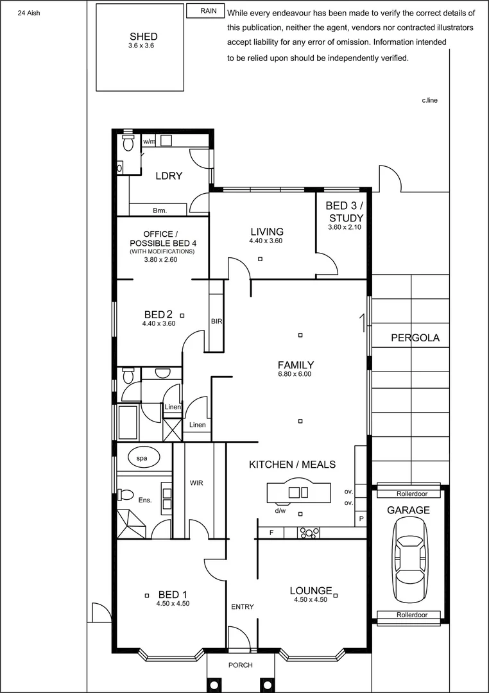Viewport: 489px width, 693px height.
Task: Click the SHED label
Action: pyautogui.click(x=143, y=37)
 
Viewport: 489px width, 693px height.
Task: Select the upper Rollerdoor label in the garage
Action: pyautogui.click(x=409, y=493)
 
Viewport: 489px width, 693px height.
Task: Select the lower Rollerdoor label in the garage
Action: pyautogui.click(x=409, y=615)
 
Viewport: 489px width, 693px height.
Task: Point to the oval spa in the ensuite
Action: pyautogui.click(x=142, y=458)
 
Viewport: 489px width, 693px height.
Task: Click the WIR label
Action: pyautogui.click(x=196, y=483)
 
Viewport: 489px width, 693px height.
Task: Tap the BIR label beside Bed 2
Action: pyautogui.click(x=216, y=321)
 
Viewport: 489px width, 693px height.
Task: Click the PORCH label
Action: pyautogui.click(x=241, y=665)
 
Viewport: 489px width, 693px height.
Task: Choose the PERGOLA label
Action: pyautogui.click(x=415, y=338)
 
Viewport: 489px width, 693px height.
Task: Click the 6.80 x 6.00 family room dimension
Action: pyautogui.click(x=295, y=374)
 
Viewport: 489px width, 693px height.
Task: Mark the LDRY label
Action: pyautogui.click(x=169, y=176)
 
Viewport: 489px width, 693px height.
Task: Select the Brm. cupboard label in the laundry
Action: pyautogui.click(x=160, y=210)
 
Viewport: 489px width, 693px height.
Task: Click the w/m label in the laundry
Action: pyautogui.click(x=149, y=141)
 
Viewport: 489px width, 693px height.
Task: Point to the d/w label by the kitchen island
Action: pyautogui.click(x=280, y=511)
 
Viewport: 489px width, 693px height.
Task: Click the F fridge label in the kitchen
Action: pyautogui.click(x=271, y=533)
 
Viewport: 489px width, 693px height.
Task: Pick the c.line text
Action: pyautogui.click(x=429, y=101)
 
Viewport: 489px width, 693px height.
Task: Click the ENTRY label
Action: pyautogui.click(x=242, y=606)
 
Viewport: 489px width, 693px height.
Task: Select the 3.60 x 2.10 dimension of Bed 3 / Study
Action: pyautogui.click(x=345, y=227)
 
